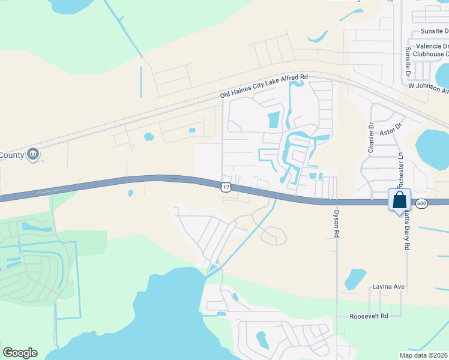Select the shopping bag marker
[x=399, y=200]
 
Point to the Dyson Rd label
[x=337, y=221]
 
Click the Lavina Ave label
[x=388, y=287]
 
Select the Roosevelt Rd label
[x=370, y=316]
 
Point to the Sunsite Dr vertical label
[x=408, y=62]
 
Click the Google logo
[x=20, y=353]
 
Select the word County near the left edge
[x=12, y=155]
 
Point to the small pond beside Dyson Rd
[x=355, y=278]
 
